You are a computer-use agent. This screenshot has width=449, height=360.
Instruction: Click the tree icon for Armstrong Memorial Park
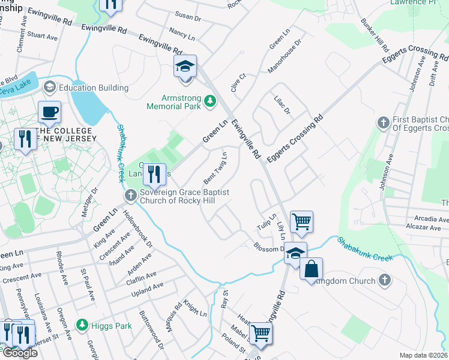click(210, 101)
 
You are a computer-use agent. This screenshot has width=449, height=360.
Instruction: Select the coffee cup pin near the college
click(49, 112)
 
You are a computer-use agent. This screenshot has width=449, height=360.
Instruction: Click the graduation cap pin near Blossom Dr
click(295, 253)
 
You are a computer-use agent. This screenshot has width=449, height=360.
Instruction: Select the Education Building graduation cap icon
click(50, 88)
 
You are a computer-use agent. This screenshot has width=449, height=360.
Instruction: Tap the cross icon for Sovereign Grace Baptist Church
click(131, 196)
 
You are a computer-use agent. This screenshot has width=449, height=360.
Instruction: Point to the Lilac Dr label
click(282, 107)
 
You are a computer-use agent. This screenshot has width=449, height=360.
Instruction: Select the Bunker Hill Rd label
click(369, 36)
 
